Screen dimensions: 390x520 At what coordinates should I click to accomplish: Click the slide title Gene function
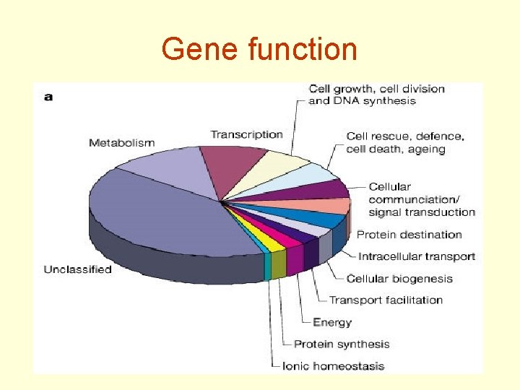coord(259,50)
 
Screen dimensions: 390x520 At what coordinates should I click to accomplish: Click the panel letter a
coord(48,96)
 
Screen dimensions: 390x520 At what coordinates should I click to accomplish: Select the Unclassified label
coord(77,269)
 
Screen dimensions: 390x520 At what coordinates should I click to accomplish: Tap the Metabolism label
coord(121,142)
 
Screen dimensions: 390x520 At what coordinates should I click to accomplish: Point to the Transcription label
coord(246,134)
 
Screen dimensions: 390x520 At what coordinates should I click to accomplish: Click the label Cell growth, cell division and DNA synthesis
coord(376,95)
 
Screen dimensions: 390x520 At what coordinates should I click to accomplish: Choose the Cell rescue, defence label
coord(405,142)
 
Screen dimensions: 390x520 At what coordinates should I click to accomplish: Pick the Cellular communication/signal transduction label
coord(422,199)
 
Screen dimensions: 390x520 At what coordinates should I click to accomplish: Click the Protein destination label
coord(409,235)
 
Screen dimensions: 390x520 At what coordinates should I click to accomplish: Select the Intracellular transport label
coord(417,256)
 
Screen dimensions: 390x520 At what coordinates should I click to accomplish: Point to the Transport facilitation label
coord(386,300)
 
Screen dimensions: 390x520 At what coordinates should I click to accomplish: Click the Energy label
coord(332,322)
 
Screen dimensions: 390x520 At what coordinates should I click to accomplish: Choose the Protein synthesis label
coord(342,344)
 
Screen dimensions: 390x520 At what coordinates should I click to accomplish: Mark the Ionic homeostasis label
coord(333,366)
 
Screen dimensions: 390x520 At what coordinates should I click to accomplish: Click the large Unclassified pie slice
coord(159,209)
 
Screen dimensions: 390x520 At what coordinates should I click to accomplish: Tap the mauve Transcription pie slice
coord(231,162)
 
